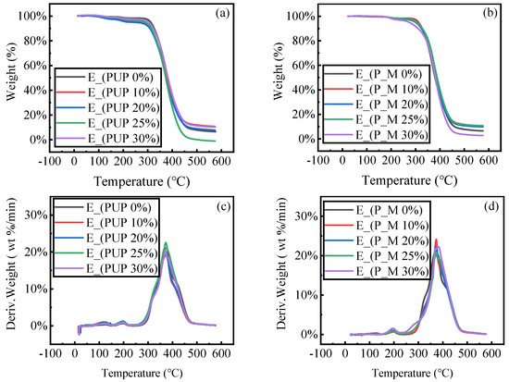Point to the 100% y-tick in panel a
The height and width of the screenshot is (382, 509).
click(x=31, y=17)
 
